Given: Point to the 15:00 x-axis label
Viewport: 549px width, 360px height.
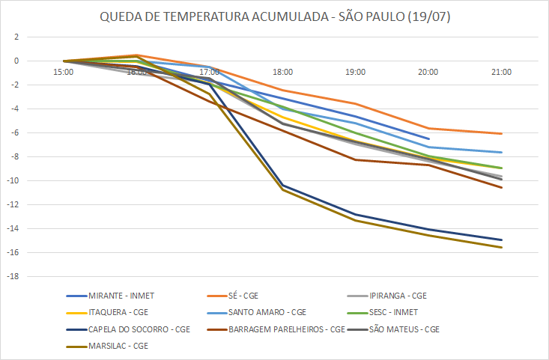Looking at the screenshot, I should pyautogui.click(x=64, y=73).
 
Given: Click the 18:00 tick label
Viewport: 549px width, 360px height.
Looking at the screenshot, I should pyautogui.click(x=282, y=73).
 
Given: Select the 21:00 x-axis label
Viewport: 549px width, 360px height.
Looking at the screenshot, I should pyautogui.click(x=501, y=73).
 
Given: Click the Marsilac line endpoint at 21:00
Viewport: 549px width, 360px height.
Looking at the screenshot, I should pyautogui.click(x=501, y=248).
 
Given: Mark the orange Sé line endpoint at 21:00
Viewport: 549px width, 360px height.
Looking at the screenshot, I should pyautogui.click(x=501, y=133).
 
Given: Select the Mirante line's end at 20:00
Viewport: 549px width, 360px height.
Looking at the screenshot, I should pyautogui.click(x=429, y=139).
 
